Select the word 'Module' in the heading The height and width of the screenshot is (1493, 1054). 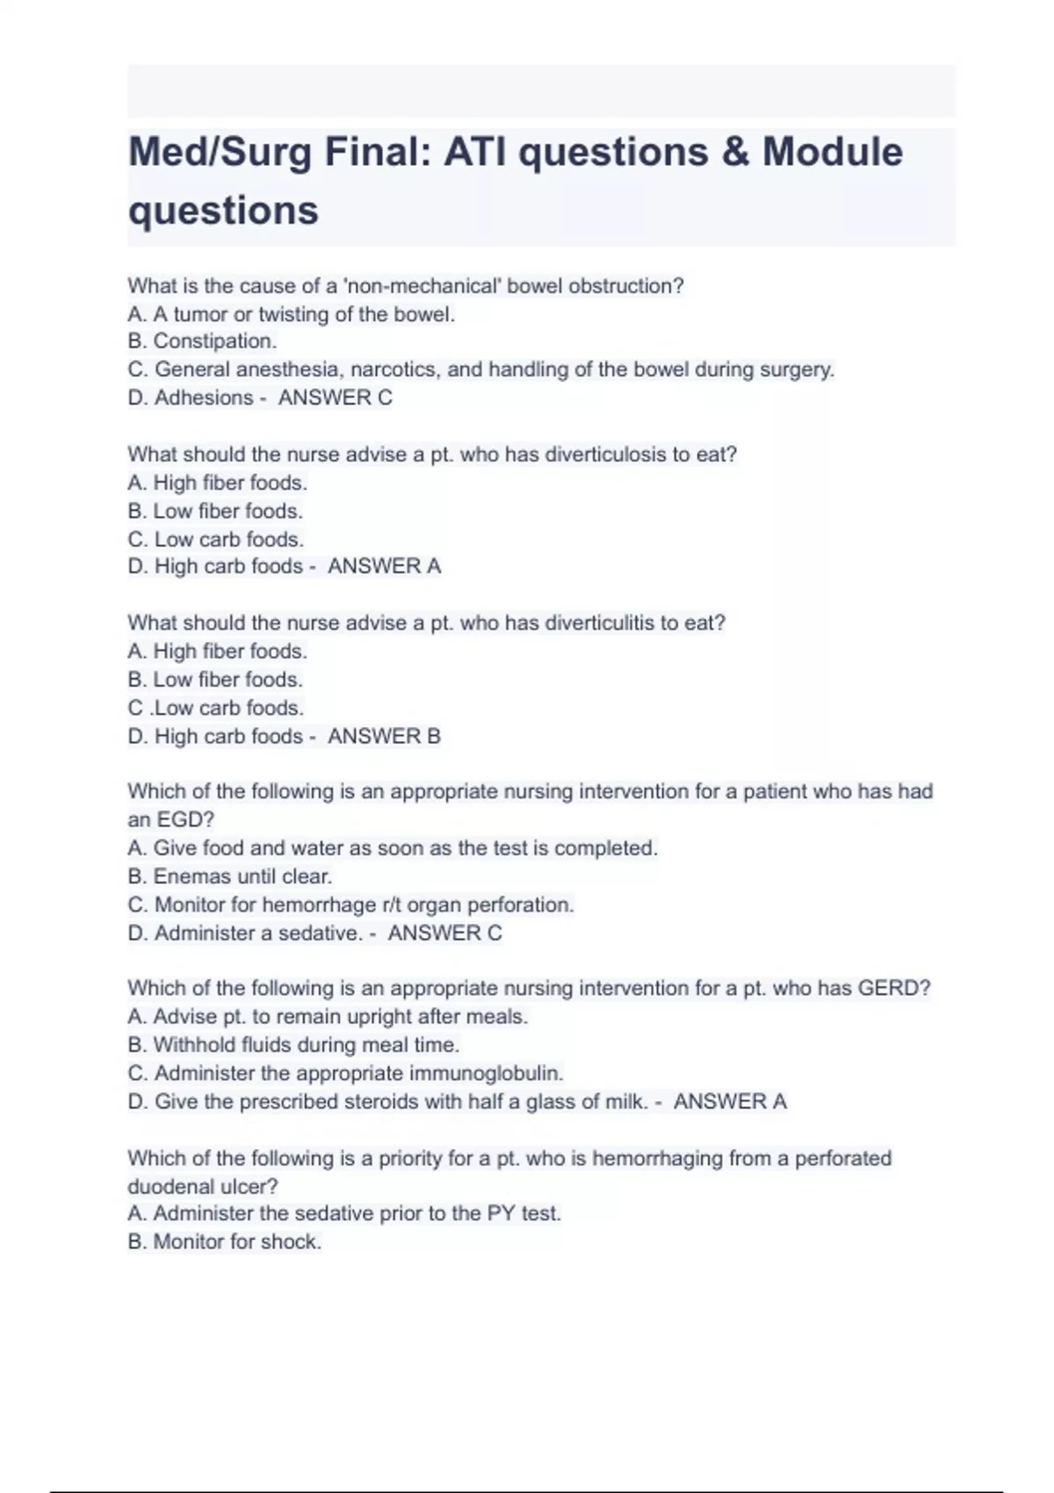tap(832, 153)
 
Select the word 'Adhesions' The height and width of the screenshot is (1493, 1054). tap(204, 398)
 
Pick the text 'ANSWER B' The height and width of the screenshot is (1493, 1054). tap(384, 736)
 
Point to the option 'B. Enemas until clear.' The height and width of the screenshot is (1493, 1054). tap(230, 876)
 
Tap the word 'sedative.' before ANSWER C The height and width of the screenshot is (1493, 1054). tap(320, 933)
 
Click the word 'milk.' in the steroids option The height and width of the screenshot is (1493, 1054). tap(626, 1101)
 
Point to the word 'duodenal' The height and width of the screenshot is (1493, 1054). tap(165, 1186)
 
